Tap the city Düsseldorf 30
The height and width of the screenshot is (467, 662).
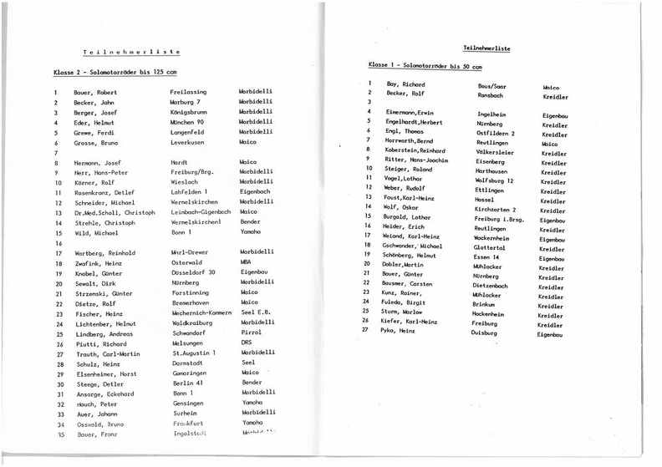pos(192,273)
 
